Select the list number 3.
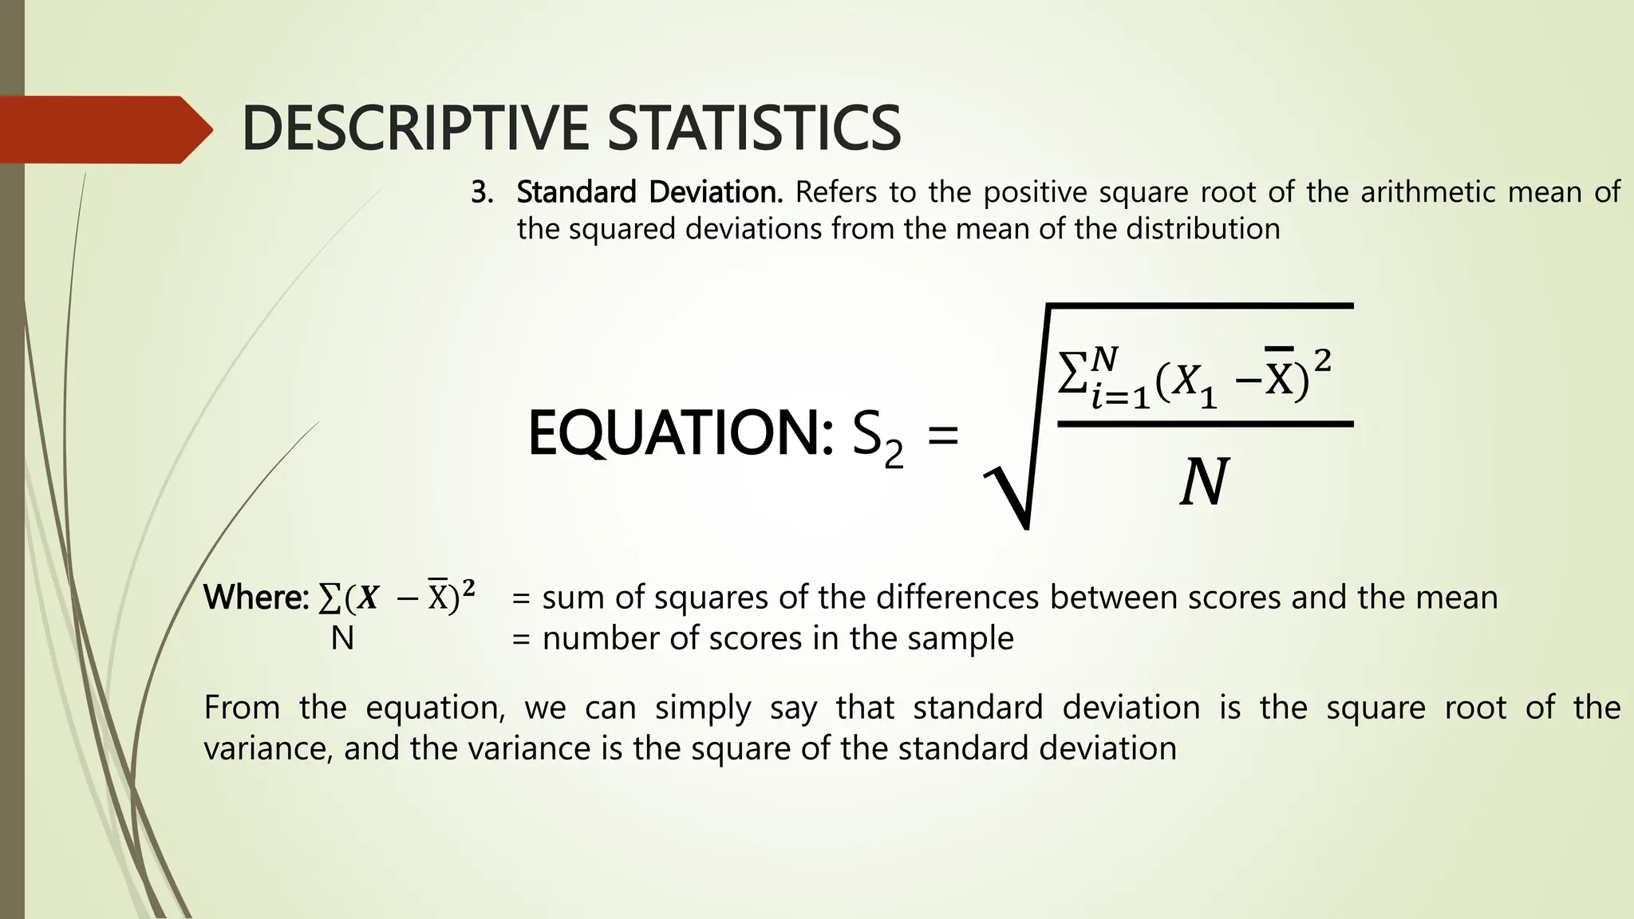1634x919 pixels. point(481,192)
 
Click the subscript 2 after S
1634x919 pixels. point(894,455)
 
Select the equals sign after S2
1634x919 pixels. point(943,437)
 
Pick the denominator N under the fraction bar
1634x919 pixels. point(1204,483)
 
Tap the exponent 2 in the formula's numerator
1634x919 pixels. point(1322,361)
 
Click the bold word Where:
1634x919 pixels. point(256,598)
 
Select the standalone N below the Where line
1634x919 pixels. point(342,638)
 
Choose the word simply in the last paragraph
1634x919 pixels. point(703,708)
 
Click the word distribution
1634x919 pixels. point(1202,229)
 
